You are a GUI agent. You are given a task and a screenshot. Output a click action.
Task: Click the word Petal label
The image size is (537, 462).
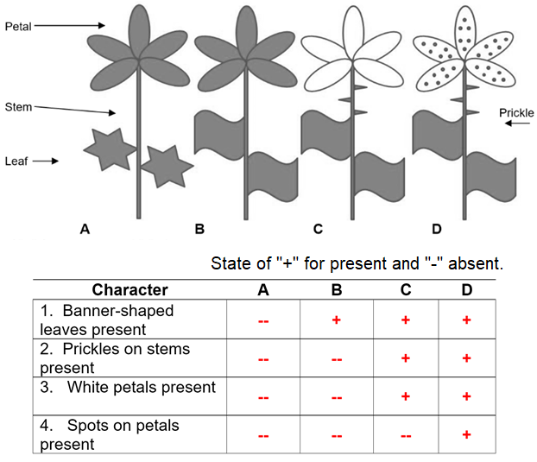(19, 27)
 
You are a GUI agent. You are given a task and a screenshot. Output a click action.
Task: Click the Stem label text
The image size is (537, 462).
(20, 106)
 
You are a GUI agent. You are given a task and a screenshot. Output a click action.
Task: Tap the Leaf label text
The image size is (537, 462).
(17, 161)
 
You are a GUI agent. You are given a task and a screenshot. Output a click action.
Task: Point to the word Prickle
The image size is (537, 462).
(516, 113)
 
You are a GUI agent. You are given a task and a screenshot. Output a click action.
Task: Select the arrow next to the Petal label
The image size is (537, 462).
(69, 26)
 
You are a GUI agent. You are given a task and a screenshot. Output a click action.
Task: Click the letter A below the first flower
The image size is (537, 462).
(85, 229)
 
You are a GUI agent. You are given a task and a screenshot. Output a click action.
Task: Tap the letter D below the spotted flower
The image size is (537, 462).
(437, 229)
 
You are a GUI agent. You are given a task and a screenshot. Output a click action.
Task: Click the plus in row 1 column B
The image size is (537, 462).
(337, 320)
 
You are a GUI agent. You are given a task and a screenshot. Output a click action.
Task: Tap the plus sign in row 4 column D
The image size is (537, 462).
(467, 434)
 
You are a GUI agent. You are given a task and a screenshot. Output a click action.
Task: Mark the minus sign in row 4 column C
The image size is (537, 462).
(406, 435)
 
